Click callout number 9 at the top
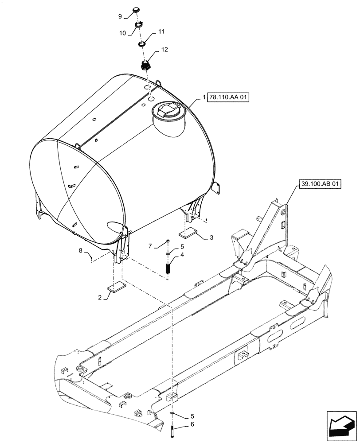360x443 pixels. pos(120,16)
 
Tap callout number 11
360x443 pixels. pos(161,32)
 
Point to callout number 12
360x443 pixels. pos(164,50)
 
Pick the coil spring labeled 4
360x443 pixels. pos(168,268)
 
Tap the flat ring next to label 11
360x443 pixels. pos(142,44)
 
